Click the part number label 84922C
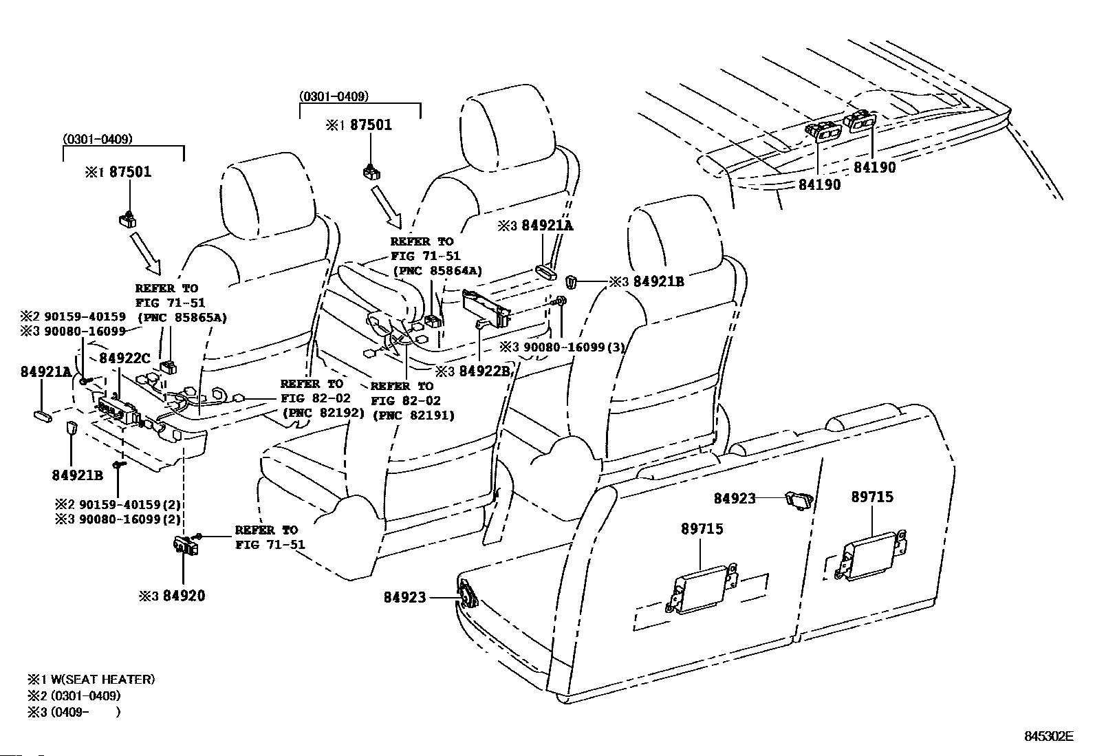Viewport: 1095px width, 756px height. coord(124,358)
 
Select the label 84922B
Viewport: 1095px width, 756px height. coord(484,371)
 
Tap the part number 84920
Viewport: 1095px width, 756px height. coord(184,596)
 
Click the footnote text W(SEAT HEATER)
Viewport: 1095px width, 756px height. coord(102,679)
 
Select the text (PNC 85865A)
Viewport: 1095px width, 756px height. coord(182,317)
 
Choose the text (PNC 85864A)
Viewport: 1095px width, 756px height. coord(438,271)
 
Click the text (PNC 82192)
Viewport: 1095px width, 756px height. coord(323,413)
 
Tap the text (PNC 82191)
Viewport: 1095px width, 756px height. coord(413,415)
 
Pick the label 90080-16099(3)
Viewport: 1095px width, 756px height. coord(574,347)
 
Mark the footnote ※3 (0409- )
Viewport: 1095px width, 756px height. coord(74,712)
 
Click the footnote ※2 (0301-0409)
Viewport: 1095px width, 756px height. coord(74,695)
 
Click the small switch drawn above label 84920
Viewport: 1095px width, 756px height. coord(186,545)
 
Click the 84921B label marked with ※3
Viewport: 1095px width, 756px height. coord(658,281)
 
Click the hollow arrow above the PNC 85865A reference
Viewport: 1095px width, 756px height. coord(147,253)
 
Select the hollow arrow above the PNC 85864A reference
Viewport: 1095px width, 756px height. coord(387,207)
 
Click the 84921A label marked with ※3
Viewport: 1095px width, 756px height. coord(547,226)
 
